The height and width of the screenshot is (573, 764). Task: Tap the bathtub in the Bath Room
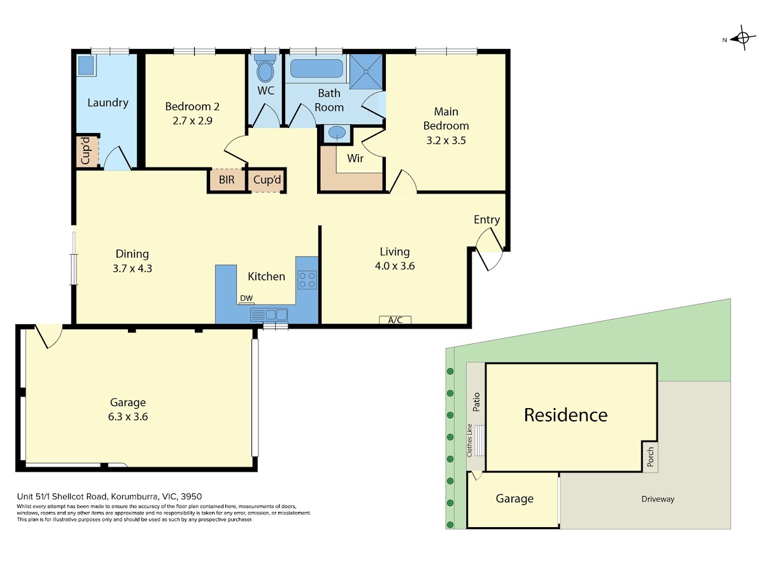click(316, 68)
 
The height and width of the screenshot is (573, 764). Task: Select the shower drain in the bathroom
click(366, 72)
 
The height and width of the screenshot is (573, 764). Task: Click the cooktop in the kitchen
click(307, 279)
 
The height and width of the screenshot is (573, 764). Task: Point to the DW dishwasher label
click(246, 298)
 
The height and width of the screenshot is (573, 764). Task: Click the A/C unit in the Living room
click(395, 320)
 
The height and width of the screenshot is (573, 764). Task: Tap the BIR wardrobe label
click(227, 180)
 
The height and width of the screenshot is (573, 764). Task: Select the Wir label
click(355, 159)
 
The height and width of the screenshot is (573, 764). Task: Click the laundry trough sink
click(86, 65)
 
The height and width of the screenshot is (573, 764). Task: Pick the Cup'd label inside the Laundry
click(85, 151)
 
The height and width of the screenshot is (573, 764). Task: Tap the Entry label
click(486, 220)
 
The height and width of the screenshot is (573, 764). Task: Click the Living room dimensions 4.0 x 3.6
click(395, 265)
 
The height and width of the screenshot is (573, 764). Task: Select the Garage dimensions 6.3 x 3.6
click(128, 416)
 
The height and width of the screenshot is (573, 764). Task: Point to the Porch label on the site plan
click(650, 456)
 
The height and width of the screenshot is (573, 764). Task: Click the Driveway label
click(658, 499)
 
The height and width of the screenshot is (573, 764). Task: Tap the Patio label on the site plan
click(476, 402)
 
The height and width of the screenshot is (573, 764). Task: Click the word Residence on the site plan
click(566, 415)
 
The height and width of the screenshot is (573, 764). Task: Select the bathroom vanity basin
click(337, 132)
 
